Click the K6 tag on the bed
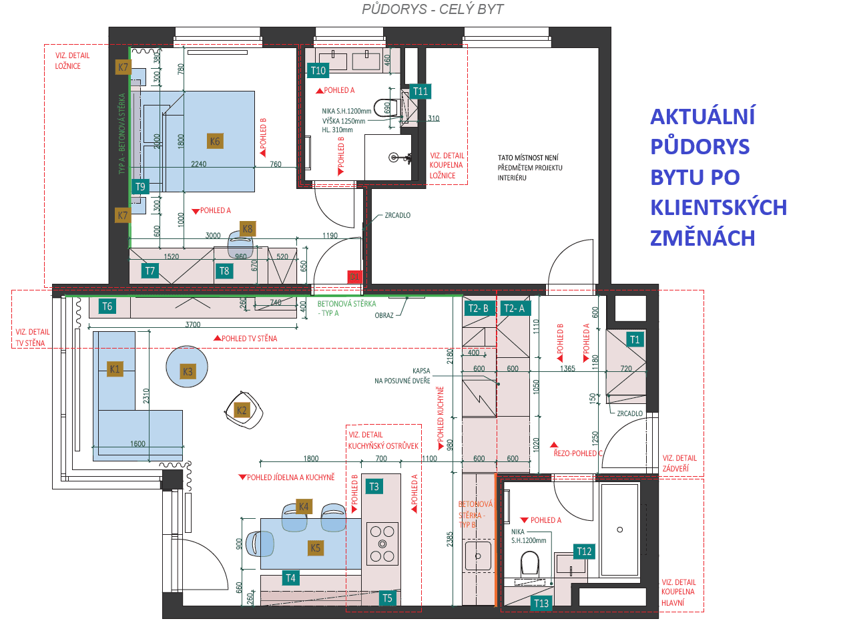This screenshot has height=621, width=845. tap(215, 142)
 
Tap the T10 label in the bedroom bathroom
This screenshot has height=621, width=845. tap(318, 70)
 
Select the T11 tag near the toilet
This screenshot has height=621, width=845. tap(420, 91)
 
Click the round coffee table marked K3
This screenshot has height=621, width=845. tap(188, 371)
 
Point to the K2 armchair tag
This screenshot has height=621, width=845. tap(242, 411)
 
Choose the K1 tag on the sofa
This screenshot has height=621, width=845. tap(115, 369)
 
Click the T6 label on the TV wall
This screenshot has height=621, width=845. tap(107, 306)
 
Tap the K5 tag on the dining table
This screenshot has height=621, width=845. tap(316, 548)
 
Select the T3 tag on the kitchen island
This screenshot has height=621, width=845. tap(374, 487)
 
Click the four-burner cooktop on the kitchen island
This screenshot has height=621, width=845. tap(382, 544)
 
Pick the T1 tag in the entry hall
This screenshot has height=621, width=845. tap(635, 339)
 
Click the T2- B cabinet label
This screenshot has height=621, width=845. tap(479, 308)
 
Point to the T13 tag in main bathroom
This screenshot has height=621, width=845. tap(541, 604)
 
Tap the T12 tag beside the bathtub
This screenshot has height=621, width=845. tap(584, 552)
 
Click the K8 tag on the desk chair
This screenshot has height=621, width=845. tap(248, 229)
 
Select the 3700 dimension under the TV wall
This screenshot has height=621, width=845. tap(192, 325)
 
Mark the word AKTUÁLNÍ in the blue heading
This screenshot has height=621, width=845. tap(702, 116)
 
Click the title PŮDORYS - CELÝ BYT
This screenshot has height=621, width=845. tap(433, 9)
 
